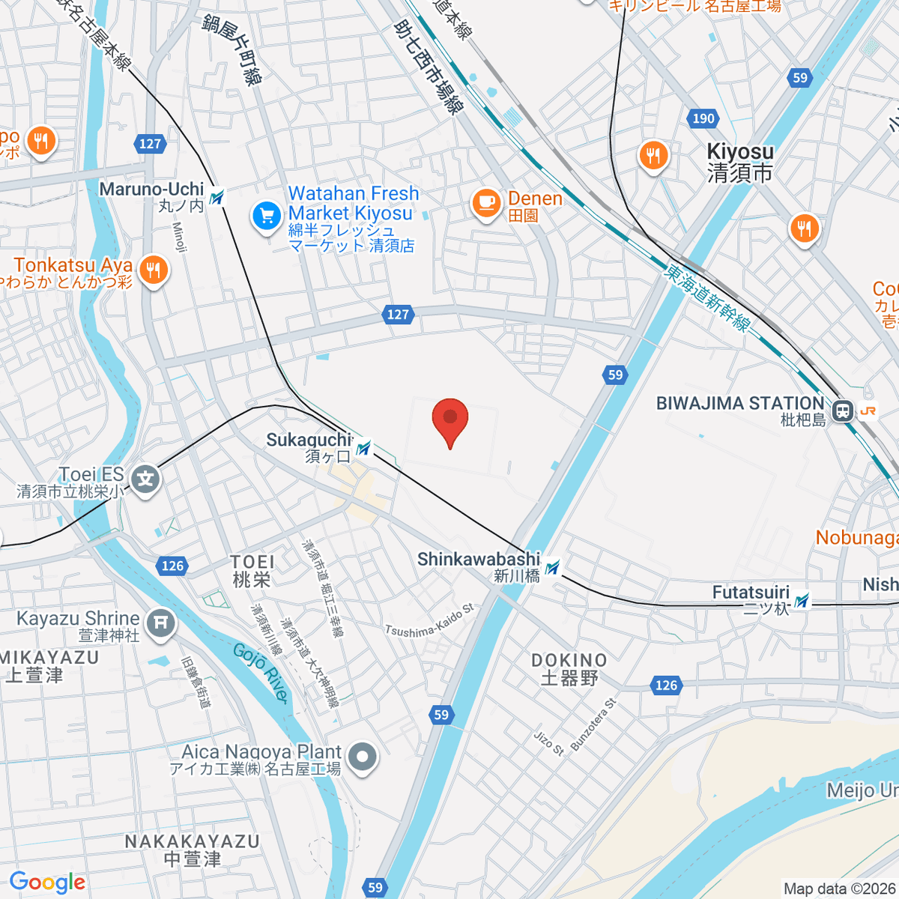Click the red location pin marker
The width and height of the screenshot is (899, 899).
tap(450, 420)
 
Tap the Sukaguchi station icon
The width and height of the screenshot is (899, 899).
tap(364, 448)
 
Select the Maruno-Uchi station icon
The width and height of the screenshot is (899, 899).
tap(217, 197)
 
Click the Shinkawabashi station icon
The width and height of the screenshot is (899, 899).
tap(553, 568)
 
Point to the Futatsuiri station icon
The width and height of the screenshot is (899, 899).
tap(802, 600)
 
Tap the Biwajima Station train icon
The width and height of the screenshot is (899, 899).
tap(844, 411)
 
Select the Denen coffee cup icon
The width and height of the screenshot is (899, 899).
tap(486, 202)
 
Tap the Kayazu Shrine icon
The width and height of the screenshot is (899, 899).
tap(160, 623)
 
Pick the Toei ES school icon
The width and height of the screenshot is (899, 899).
tap(145, 477)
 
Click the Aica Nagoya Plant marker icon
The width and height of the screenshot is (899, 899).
tap(363, 757)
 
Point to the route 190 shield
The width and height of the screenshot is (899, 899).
tap(703, 118)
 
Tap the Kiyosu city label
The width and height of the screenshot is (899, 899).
tap(740, 163)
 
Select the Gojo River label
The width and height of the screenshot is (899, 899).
tap(261, 673)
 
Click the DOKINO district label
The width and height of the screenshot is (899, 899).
tap(569, 668)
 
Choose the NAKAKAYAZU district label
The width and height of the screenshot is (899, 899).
tap(192, 850)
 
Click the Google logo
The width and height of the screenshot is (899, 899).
tap(47, 883)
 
